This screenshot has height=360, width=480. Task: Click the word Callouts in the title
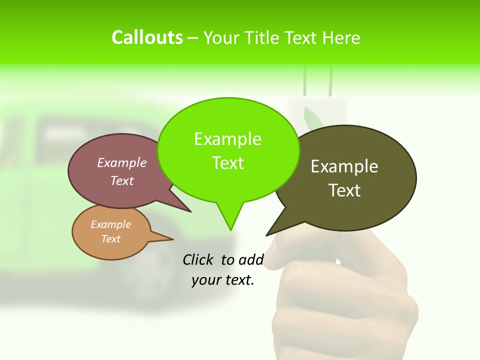click(147, 37)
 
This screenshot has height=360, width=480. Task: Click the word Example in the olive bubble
click(344, 166)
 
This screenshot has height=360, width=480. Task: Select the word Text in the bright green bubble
click(228, 163)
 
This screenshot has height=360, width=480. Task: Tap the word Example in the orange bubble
click(110, 224)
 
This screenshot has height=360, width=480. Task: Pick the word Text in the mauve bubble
click(122, 181)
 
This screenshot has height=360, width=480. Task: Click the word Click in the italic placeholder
click(198, 259)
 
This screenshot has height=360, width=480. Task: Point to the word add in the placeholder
click(251, 259)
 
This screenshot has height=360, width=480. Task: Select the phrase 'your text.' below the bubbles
click(223, 280)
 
